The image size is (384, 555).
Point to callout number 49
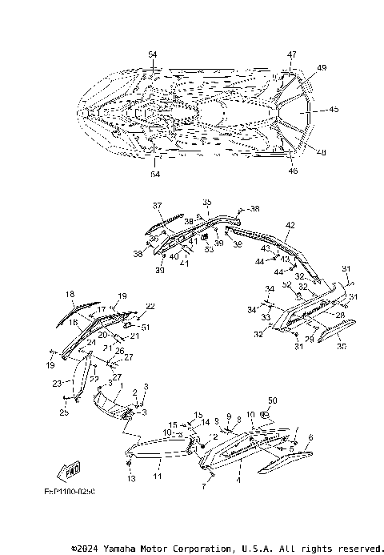[x=322, y=69]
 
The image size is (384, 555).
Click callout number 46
[x=292, y=170]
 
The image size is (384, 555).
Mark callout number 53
[x=210, y=249]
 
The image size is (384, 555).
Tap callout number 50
[x=272, y=400]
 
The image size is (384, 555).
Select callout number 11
[x=158, y=476]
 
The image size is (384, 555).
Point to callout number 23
[x=57, y=384]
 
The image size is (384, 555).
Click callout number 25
[x=65, y=412]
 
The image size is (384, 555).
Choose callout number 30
[x=342, y=347]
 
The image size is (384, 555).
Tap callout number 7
[x=205, y=486]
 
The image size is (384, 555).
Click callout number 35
[x=206, y=202]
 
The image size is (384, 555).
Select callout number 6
[x=310, y=436]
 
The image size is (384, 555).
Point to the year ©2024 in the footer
[x=86, y=549]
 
